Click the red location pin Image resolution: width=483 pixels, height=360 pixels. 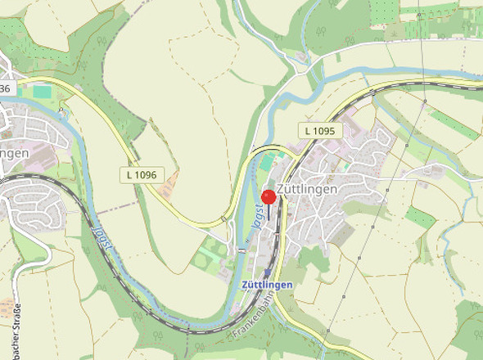[269, 197]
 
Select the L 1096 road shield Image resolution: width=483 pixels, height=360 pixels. [142, 174]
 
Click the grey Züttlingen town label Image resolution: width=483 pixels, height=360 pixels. [307, 189]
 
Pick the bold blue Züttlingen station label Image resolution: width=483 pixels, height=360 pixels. [268, 284]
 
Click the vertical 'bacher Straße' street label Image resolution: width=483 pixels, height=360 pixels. [17, 331]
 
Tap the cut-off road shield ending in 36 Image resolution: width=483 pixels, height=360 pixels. [5, 88]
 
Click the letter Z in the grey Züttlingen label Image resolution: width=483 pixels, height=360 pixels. [282, 189]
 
